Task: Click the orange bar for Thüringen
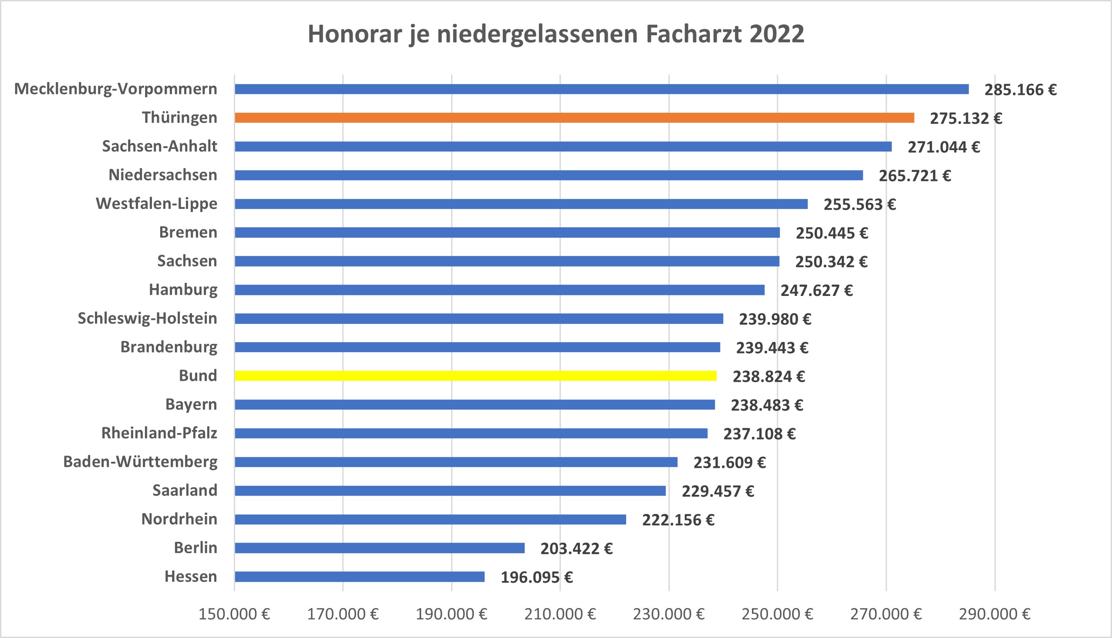[574, 118]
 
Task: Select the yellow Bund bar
[475, 376]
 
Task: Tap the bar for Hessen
[359, 577]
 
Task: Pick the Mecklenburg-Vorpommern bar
[601, 89]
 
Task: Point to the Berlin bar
[380, 548]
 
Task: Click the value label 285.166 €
[1021, 90]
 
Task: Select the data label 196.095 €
[536, 578]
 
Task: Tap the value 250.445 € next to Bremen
[832, 233]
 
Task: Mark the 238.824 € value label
[768, 376]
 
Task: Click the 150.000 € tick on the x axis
[234, 614]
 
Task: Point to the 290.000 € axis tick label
[994, 614]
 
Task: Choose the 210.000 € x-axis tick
[560, 614]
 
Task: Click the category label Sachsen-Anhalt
[159, 146]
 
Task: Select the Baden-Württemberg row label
[140, 462]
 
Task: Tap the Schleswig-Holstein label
[147, 319]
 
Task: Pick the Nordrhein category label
[179, 519]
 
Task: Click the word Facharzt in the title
[694, 34]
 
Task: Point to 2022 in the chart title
[777, 34]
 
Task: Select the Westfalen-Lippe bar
[521, 204]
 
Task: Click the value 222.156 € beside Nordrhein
[678, 520]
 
